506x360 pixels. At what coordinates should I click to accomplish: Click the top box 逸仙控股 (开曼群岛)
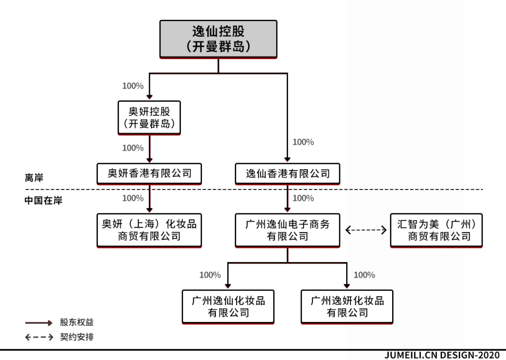click(x=218, y=39)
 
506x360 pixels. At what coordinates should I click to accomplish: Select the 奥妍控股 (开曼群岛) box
click(x=149, y=118)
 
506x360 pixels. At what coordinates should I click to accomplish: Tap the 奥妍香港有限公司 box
click(x=149, y=173)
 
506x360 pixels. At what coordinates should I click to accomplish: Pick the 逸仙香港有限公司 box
click(x=287, y=173)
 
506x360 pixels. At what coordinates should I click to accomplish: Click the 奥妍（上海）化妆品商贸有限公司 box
click(x=149, y=230)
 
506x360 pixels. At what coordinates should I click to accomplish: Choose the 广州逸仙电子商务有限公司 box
click(x=287, y=230)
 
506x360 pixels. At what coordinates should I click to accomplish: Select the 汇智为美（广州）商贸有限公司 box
click(x=436, y=230)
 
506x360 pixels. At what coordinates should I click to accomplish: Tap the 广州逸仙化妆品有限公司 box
click(x=228, y=306)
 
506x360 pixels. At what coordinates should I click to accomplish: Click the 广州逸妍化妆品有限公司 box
click(x=347, y=306)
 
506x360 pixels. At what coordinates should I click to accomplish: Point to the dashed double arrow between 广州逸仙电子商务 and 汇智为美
click(x=365, y=230)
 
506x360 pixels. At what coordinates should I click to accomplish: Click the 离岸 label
click(x=34, y=178)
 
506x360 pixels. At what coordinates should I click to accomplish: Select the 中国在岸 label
click(x=43, y=200)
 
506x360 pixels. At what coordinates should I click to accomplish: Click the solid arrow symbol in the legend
click(x=39, y=323)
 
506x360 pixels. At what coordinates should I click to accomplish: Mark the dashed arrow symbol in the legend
click(x=39, y=337)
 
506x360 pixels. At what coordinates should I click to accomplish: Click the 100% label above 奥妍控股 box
click(x=133, y=86)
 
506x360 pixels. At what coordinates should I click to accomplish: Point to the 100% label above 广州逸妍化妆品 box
click(x=364, y=275)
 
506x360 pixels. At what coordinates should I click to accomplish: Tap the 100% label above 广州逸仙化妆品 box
click(x=210, y=275)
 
